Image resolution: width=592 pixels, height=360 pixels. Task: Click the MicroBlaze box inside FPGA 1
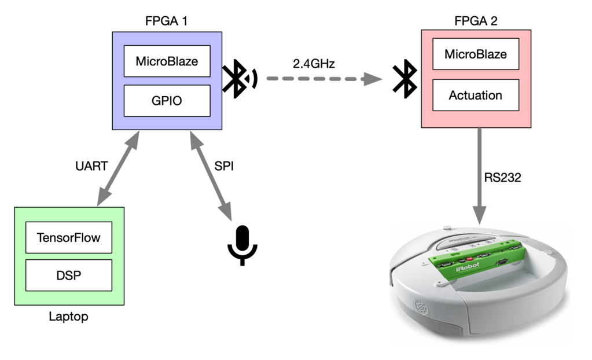pos(167,60)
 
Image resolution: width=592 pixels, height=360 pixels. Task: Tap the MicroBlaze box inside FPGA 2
pos(475,55)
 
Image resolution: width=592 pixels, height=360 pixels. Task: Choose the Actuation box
pos(475,95)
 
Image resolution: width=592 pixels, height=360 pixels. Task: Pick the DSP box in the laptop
pos(68,275)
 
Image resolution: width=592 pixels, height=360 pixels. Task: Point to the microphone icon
pos(242,244)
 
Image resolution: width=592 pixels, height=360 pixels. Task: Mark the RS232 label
pos(503,178)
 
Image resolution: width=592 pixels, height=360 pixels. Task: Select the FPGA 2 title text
pos(475,22)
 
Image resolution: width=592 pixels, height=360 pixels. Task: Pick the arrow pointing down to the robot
pos(480,174)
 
